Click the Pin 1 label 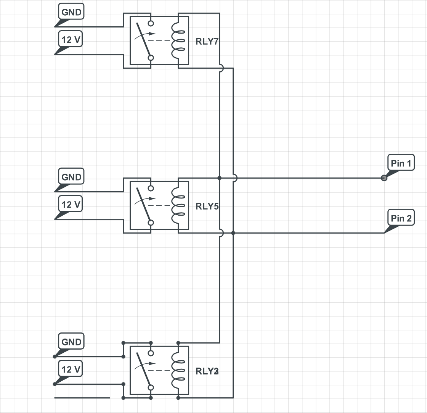point(401,163)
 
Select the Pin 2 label point(401,218)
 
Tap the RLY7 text point(207,41)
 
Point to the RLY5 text point(207,206)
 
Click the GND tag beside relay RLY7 point(71,12)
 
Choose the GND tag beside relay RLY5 point(71,177)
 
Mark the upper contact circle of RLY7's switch point(151,23)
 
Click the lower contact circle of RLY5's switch point(151,223)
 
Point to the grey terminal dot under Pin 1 point(384,178)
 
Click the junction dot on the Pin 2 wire point(233,233)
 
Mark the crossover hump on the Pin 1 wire point(234,178)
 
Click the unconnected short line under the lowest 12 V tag point(82,398)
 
